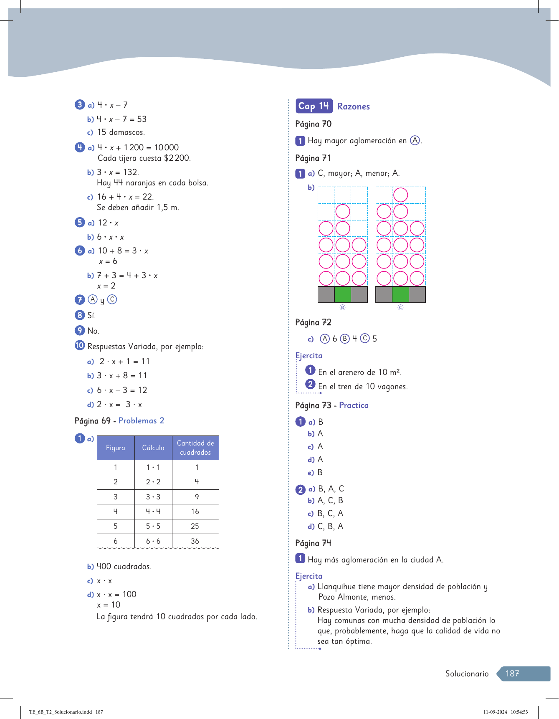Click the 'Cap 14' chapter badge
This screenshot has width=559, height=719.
coord(314,106)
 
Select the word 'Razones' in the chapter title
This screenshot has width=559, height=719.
coord(353,106)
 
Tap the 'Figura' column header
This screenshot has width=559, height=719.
coord(116,448)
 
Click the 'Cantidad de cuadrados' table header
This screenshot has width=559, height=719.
coord(195,448)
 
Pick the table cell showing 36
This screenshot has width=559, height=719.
coord(195,541)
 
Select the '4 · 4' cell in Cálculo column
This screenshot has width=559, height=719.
coord(153,511)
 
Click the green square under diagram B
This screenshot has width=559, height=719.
coord(343,294)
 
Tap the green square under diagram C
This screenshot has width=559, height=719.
coord(400,294)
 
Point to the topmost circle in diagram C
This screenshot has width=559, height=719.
coord(400,195)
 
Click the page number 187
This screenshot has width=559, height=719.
coord(512,673)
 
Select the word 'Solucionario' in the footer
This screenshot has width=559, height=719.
coord(467,673)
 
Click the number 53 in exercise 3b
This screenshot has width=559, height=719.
coord(142,119)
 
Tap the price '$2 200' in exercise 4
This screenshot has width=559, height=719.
coord(177,158)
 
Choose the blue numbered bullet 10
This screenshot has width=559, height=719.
coord(80,345)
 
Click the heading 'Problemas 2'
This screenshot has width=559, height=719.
coord(141,420)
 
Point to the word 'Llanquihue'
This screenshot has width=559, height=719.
coord(337,587)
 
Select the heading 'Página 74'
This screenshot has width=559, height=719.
coord(313,543)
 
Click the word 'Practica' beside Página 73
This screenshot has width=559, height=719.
coord(354,405)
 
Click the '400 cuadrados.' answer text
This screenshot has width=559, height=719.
coord(124,567)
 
